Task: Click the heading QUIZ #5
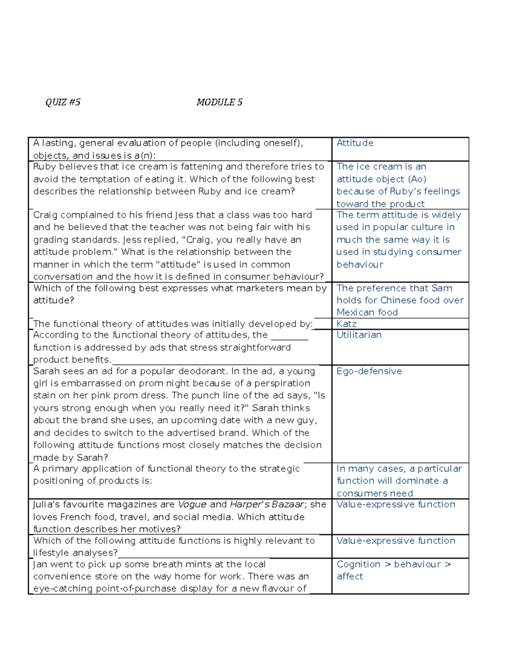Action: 63,102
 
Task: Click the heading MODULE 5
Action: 219,102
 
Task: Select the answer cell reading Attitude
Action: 355,143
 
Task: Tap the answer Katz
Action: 347,324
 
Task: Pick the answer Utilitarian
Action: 359,335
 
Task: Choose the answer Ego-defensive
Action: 369,371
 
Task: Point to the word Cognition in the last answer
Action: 358,564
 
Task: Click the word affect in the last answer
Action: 350,577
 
